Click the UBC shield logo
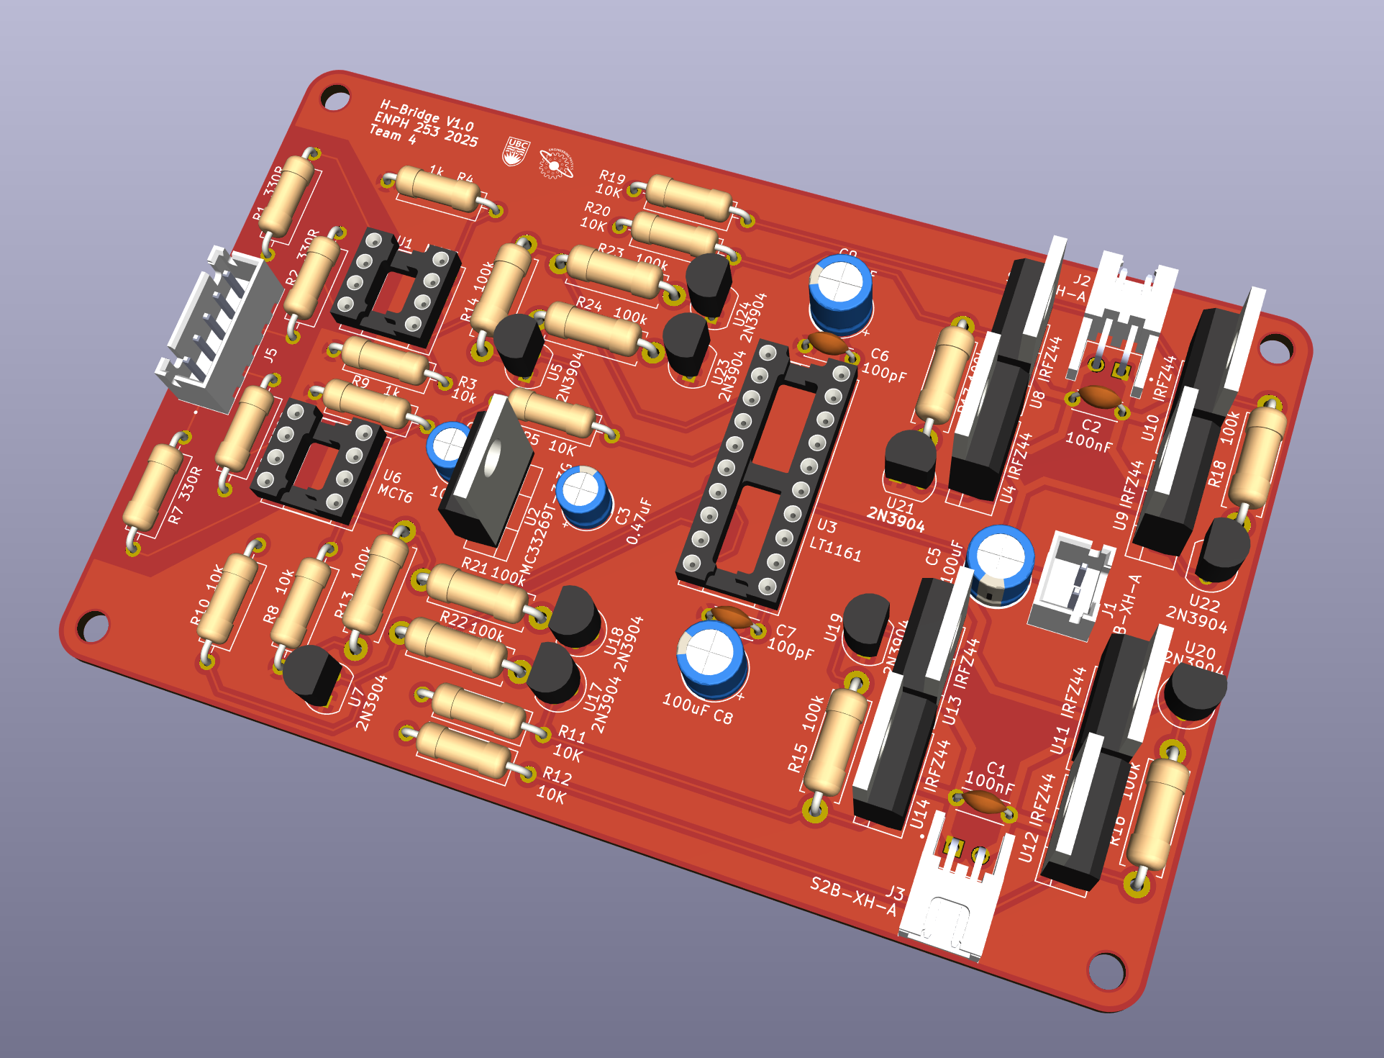(x=516, y=152)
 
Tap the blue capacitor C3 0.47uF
(x=584, y=495)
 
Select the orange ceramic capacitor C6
(x=828, y=344)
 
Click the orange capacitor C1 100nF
(x=982, y=802)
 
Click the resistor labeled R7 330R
(x=153, y=487)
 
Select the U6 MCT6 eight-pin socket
(x=317, y=461)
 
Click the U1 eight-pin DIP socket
(x=396, y=288)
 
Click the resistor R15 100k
(x=834, y=741)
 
